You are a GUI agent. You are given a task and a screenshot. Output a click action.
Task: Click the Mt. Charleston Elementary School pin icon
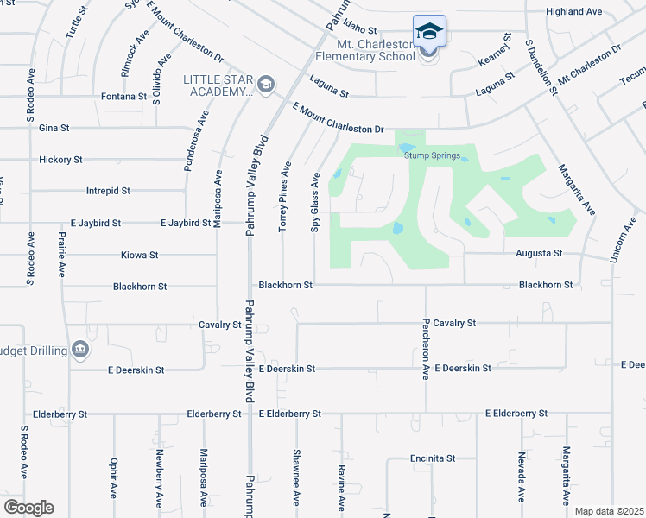429,33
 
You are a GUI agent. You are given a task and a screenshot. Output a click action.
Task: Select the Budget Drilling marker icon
80,350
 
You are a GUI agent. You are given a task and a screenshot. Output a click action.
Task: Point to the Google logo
29,507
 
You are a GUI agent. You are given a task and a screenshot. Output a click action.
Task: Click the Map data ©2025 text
608,511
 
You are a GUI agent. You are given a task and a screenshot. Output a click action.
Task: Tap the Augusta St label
539,254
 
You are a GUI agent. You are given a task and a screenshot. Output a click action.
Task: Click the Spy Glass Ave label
315,203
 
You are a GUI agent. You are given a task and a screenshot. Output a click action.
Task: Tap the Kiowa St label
141,256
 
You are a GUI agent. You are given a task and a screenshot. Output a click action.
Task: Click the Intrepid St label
108,190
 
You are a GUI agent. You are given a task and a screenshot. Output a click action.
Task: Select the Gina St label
54,128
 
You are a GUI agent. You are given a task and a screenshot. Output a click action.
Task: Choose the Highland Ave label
573,12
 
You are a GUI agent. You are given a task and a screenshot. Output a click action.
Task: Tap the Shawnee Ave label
296,477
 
